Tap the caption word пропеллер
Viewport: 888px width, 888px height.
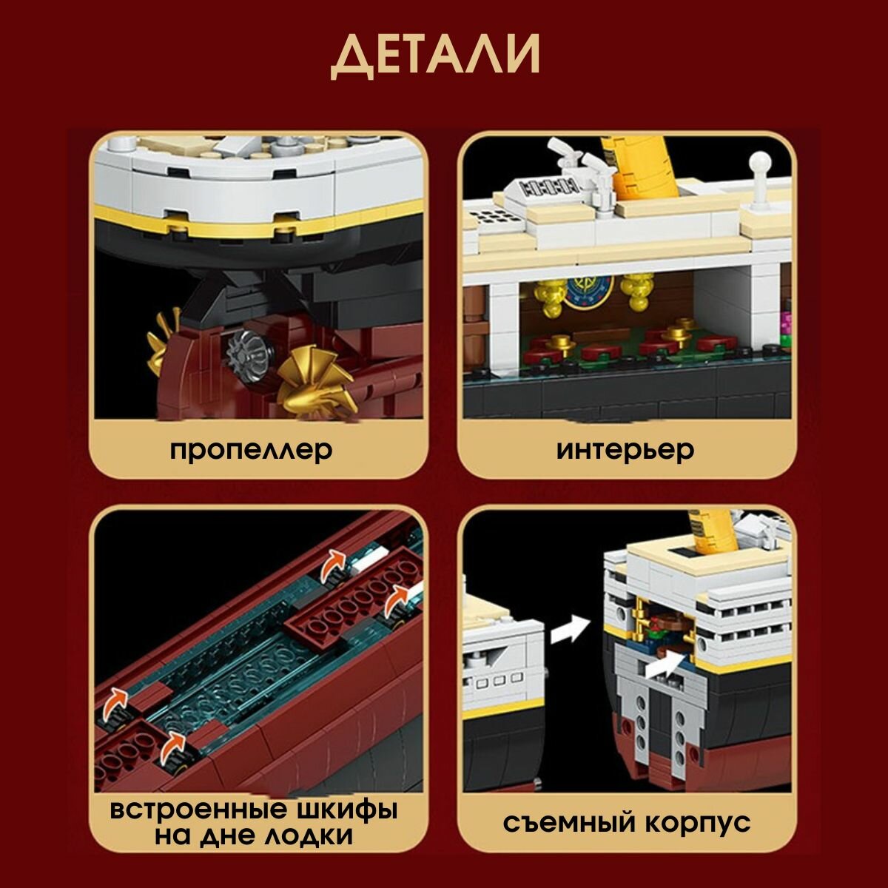coord(251,451)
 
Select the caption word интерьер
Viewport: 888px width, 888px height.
coord(625,450)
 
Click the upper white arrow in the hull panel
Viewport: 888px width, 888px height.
coord(570,628)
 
